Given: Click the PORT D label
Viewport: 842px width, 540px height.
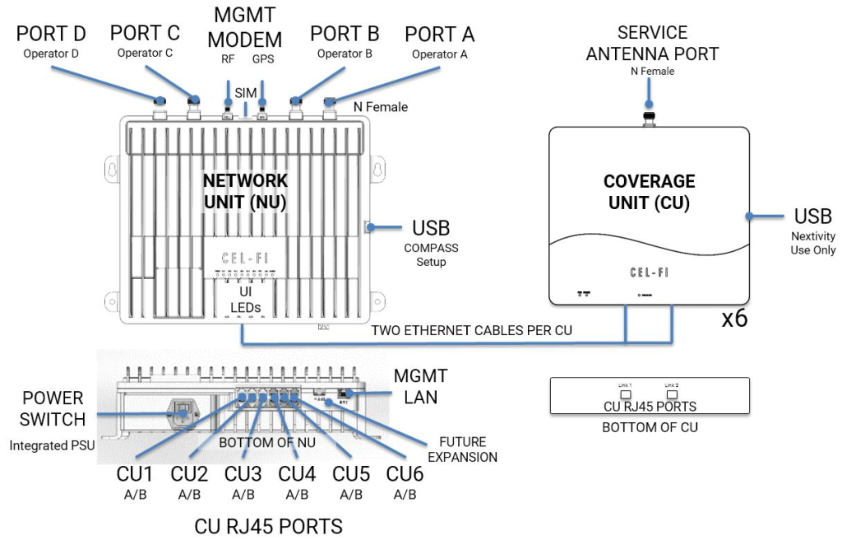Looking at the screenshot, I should pyautogui.click(x=51, y=35).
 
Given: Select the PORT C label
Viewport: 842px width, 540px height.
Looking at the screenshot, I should pyautogui.click(x=146, y=35).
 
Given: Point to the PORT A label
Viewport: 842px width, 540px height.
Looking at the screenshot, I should pyautogui.click(x=439, y=35).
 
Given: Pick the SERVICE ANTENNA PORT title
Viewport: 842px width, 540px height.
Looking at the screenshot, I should pyautogui.click(x=668, y=44).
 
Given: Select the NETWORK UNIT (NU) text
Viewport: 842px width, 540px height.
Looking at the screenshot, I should pyautogui.click(x=246, y=191).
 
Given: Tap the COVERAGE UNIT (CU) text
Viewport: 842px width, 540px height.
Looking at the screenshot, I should pyautogui.click(x=650, y=191).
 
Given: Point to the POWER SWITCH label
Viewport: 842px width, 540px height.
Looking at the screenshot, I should pyautogui.click(x=48, y=409).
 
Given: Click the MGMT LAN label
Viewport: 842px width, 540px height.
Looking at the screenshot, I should pyautogui.click(x=420, y=387).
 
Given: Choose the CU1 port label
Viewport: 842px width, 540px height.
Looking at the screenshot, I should pyautogui.click(x=135, y=474).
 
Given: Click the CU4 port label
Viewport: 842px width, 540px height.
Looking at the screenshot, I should pyautogui.click(x=296, y=474).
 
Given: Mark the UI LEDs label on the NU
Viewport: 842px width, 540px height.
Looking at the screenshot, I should pyautogui.click(x=243, y=300).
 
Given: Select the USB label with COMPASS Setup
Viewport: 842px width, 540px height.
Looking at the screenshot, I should pyautogui.click(x=431, y=228).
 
